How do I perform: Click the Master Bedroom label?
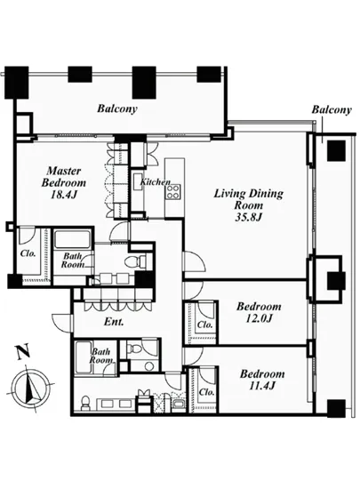64,177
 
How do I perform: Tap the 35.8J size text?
248,217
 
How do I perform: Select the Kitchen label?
156,181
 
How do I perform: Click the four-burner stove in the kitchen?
173,191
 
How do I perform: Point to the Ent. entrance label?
114,322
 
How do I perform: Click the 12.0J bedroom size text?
259,318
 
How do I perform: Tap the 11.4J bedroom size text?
262,386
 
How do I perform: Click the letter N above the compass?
23,351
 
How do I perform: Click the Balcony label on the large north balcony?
117,108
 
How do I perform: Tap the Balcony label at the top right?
332,109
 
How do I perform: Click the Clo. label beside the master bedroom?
28,253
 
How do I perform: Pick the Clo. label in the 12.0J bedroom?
205,325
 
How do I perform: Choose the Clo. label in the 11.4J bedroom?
206,392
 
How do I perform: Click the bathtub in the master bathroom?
73,239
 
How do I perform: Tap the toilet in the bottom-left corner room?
85,403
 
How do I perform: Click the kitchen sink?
137,181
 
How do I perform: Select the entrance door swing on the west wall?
63,320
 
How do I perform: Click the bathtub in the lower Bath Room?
84,357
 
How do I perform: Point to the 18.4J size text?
64,195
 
